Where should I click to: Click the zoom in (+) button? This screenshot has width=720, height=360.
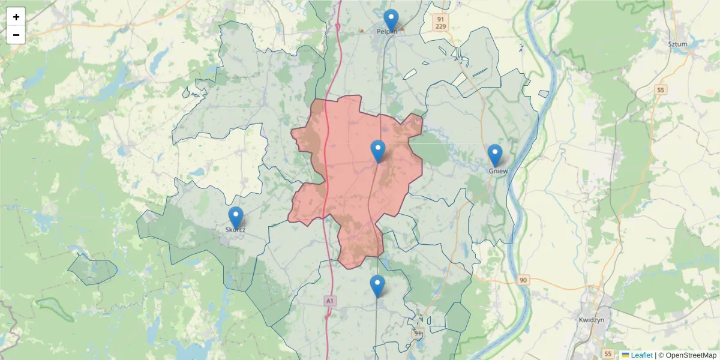(16, 17)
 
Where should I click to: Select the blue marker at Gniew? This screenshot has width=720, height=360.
(495, 155)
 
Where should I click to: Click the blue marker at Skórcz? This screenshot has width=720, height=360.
(236, 218)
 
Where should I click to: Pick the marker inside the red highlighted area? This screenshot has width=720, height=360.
(378, 151)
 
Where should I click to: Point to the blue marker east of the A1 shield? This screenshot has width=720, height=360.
(377, 286)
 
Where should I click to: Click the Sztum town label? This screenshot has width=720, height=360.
(677, 44)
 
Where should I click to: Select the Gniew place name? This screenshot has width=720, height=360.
(499, 171)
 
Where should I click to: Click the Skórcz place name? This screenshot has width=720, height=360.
(235, 230)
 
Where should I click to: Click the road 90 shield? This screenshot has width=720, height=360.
(523, 280)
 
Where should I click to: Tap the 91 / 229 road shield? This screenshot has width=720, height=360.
(441, 22)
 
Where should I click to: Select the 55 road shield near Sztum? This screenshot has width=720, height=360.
(661, 90)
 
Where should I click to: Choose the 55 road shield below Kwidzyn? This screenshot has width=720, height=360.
(608, 354)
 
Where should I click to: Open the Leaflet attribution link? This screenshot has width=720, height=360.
(641, 355)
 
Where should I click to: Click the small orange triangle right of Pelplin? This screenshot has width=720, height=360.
(403, 29)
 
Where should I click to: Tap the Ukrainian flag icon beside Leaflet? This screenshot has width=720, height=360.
(625, 355)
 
